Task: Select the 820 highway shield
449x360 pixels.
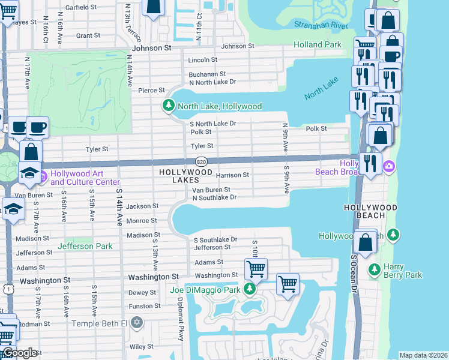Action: tap(202, 161)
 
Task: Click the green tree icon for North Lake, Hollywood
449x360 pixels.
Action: tap(169, 106)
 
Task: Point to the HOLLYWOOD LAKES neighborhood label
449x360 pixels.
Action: tap(185, 176)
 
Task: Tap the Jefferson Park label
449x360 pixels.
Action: tap(84, 246)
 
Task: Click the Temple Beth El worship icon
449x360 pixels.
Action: tap(137, 323)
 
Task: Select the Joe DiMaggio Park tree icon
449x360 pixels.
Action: tap(250, 290)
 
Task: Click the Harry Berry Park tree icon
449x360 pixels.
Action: tap(375, 268)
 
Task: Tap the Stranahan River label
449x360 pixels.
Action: tap(321, 25)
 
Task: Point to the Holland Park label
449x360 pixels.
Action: tap(318, 44)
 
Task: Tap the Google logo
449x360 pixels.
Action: tap(20, 353)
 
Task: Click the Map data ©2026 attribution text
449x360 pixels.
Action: tap(423, 355)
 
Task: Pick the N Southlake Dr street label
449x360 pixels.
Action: tap(214, 197)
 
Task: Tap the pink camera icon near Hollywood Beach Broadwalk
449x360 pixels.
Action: tap(389, 166)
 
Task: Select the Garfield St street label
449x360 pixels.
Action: tap(81, 7)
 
